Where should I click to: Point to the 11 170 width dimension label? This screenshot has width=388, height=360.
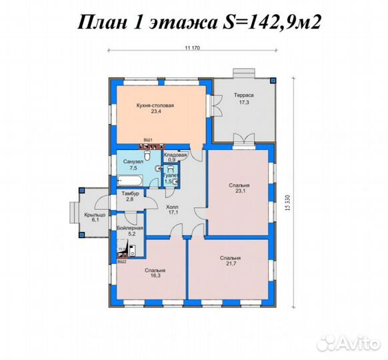[x=193, y=47]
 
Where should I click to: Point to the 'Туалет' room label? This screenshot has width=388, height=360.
[x=171, y=175]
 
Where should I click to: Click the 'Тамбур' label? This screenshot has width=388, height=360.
[x=129, y=193]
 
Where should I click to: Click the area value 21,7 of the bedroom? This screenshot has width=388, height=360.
[x=231, y=264]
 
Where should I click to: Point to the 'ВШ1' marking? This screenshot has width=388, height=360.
[x=148, y=139]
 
